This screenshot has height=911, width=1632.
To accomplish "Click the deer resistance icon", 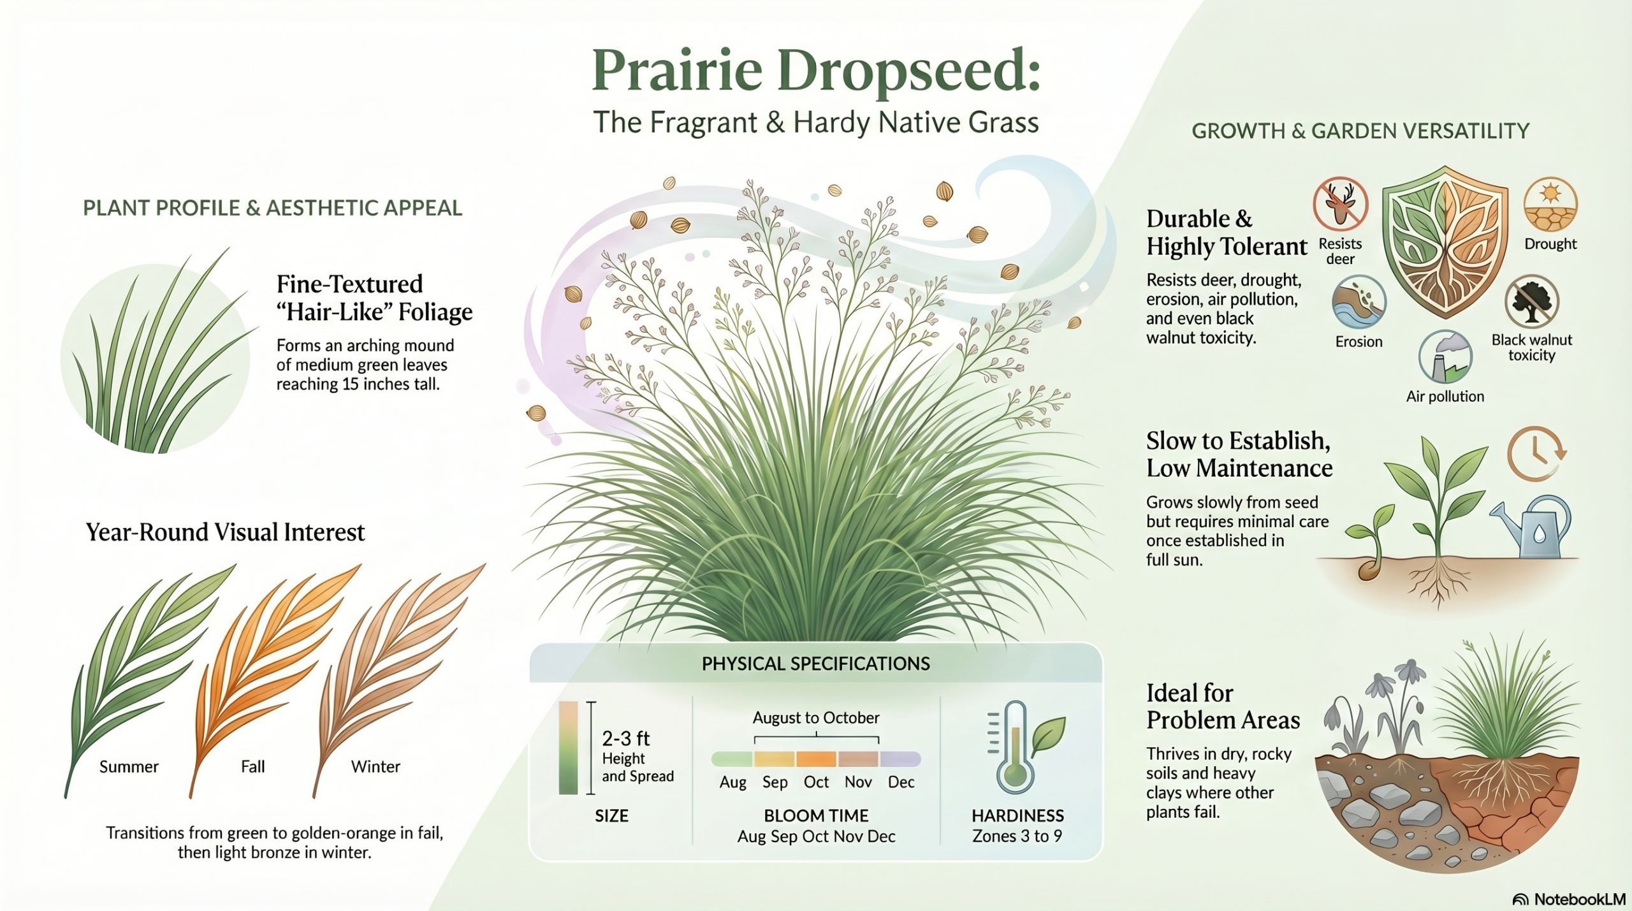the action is click(x=1341, y=204).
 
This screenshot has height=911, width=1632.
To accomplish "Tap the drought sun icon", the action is click(x=1550, y=204).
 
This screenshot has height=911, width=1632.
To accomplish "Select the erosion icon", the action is click(x=1359, y=302).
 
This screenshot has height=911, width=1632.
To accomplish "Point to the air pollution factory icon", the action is click(x=1445, y=357).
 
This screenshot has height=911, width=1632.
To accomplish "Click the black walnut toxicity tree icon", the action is click(x=1531, y=302).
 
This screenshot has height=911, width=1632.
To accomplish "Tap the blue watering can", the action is click(x=1531, y=527).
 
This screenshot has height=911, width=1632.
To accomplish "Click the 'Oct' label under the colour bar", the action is click(x=816, y=782).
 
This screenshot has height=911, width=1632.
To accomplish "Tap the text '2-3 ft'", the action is click(x=625, y=738).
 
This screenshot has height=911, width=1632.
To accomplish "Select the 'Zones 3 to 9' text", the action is click(x=1017, y=836).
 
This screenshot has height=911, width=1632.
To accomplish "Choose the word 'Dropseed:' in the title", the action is click(x=908, y=71).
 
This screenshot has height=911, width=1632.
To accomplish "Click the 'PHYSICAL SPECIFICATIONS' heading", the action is click(x=816, y=664).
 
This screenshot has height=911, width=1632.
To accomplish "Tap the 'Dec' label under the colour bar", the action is click(x=901, y=782).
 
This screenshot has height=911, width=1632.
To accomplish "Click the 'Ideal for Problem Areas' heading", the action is click(x=1223, y=706).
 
